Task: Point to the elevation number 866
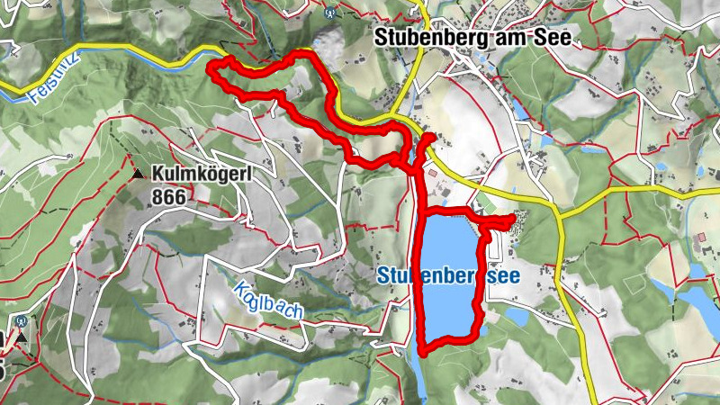click(x=172, y=195)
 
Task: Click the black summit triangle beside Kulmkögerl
click(x=139, y=174)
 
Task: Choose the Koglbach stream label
click(x=267, y=301)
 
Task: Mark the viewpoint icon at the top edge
click(x=330, y=13)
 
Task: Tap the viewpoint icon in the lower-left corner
click(x=21, y=320)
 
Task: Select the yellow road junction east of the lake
click(x=560, y=216)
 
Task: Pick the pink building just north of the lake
click(x=433, y=170)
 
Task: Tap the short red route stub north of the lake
click(x=428, y=137)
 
